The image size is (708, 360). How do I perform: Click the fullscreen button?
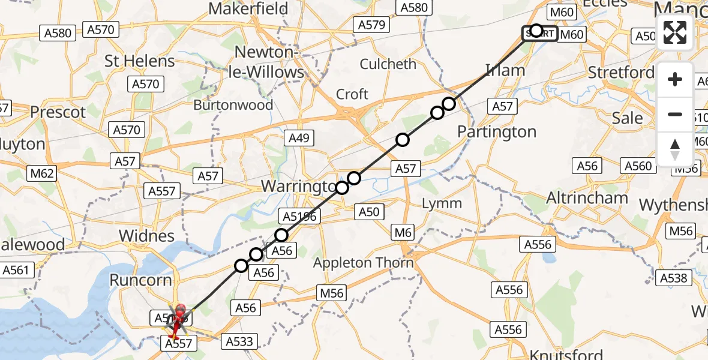(675, 32)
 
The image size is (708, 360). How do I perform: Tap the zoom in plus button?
(675, 80)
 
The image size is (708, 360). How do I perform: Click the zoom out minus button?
(675, 114)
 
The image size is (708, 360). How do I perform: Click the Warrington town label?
(298, 186)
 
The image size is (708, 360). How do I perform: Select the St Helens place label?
(139, 61)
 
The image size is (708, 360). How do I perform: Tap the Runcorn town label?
(140, 280)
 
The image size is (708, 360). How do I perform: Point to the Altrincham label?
(587, 198)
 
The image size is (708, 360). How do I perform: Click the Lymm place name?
(442, 203)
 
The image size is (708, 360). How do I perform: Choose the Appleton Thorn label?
(364, 263)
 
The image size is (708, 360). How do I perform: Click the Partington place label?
(497, 132)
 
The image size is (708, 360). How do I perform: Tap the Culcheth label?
(388, 64)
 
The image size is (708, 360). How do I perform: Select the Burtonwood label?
(233, 105)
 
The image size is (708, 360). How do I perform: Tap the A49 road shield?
(298, 139)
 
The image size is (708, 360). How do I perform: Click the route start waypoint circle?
(536, 31)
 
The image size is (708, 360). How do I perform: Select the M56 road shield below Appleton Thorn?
(332, 293)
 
